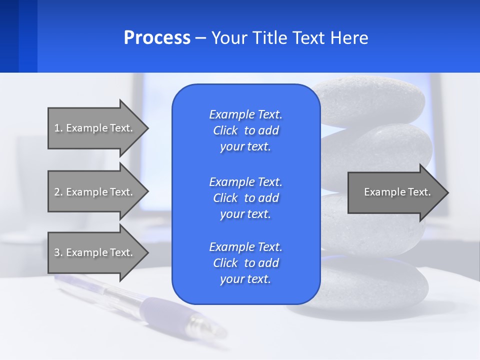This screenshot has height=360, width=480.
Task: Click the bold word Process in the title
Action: (x=157, y=38)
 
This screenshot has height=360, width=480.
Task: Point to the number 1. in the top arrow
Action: (x=58, y=128)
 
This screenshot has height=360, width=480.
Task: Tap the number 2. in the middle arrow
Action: (x=58, y=192)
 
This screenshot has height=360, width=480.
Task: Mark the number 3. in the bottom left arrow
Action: (x=58, y=252)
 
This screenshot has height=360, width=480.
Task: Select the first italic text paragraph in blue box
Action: (x=245, y=130)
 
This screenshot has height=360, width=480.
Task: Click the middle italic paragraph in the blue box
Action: (x=245, y=197)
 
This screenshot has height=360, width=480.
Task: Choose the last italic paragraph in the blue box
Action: (x=245, y=263)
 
